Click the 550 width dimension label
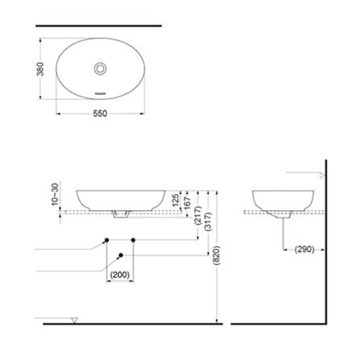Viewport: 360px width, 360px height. point(98,114)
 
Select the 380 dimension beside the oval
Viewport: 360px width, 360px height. point(40,70)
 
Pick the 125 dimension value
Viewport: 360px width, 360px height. point(176,200)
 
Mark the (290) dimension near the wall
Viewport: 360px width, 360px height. point(304,249)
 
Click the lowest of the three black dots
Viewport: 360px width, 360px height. point(121,255)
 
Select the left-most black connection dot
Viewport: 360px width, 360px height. point(106,240)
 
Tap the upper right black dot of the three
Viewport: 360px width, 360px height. point(132,240)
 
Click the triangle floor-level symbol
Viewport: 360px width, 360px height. point(74,321)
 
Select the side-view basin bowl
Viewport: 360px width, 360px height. point(282,199)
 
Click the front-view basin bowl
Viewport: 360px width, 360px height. point(121,199)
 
